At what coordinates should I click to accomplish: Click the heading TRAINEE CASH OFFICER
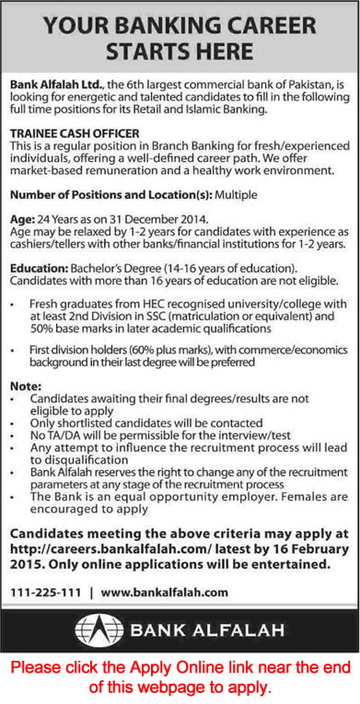click(x=75, y=133)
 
